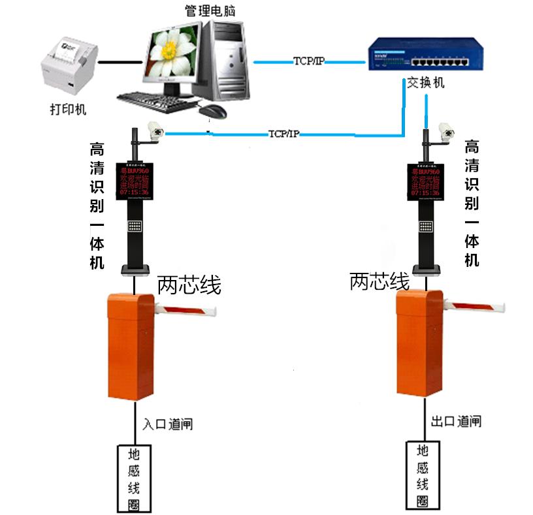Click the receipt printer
(68, 63)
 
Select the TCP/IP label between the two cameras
(283, 134)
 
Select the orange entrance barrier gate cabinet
(131, 346)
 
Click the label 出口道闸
(457, 421)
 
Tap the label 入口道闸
(168, 424)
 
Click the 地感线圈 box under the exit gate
(422, 476)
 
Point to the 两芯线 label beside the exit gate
(380, 281)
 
